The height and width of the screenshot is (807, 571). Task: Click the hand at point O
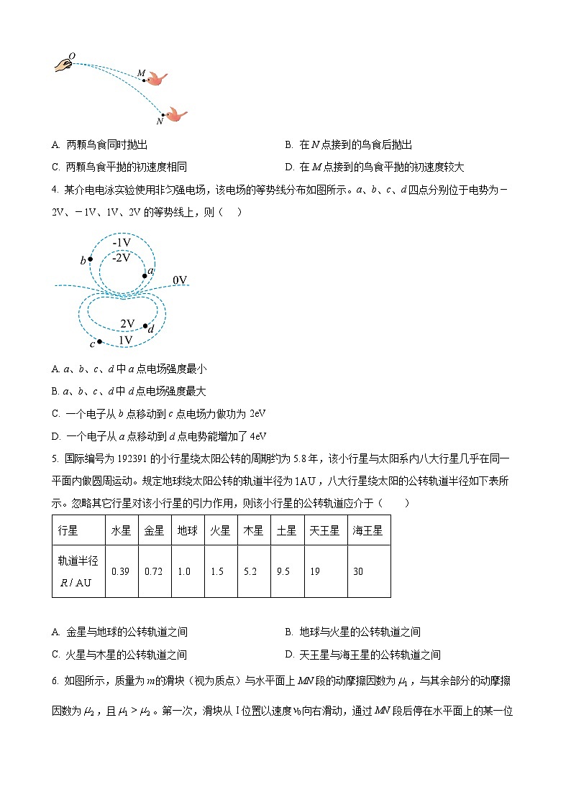click(x=63, y=65)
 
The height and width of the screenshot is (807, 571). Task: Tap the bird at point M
click(x=157, y=78)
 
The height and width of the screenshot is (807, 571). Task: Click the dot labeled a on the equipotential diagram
click(x=145, y=275)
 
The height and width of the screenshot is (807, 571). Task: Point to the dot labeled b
click(x=90, y=259)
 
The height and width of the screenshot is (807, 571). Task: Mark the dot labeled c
click(x=99, y=341)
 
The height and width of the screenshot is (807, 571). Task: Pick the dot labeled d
click(x=146, y=326)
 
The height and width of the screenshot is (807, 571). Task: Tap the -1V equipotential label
click(x=122, y=243)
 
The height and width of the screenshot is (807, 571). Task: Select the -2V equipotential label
click(x=122, y=257)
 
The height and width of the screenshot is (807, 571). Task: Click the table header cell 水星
click(x=121, y=530)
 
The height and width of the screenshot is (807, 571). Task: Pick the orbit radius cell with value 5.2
click(x=252, y=571)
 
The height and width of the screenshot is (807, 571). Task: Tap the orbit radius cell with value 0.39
click(x=121, y=571)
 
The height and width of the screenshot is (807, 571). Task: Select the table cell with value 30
click(x=359, y=571)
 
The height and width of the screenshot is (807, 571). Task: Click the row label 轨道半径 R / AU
click(x=77, y=571)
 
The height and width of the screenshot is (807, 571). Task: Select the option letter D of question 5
click(x=289, y=655)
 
